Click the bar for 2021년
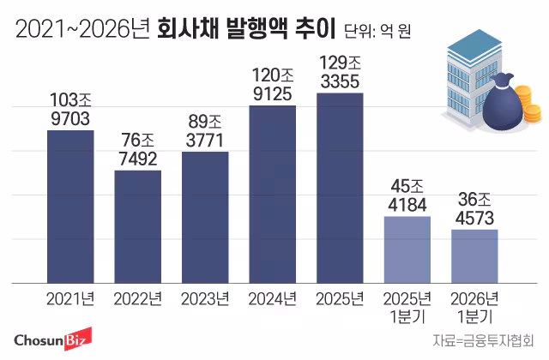coord(70,206)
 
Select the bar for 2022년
coord(137,226)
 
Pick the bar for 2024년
coord(272,194)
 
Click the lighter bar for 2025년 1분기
coord(407,249)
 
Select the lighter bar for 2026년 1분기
coord(474,255)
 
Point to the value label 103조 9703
coord(70,109)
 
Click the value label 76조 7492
coord(137,149)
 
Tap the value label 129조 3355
coord(340,71)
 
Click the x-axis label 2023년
coord(205,299)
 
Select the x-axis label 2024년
coord(272,299)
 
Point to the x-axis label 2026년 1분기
coord(474,306)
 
